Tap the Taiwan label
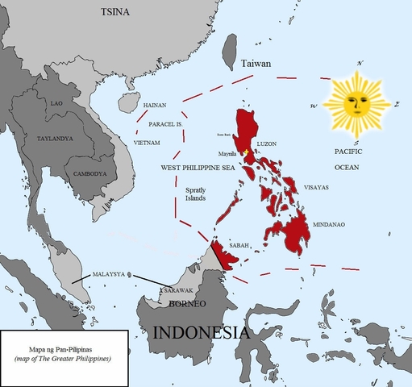[254, 64]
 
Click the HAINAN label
[153, 106]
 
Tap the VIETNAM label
[146, 142]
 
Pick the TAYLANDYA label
[55, 139]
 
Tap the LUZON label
[267, 144]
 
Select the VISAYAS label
[317, 187]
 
